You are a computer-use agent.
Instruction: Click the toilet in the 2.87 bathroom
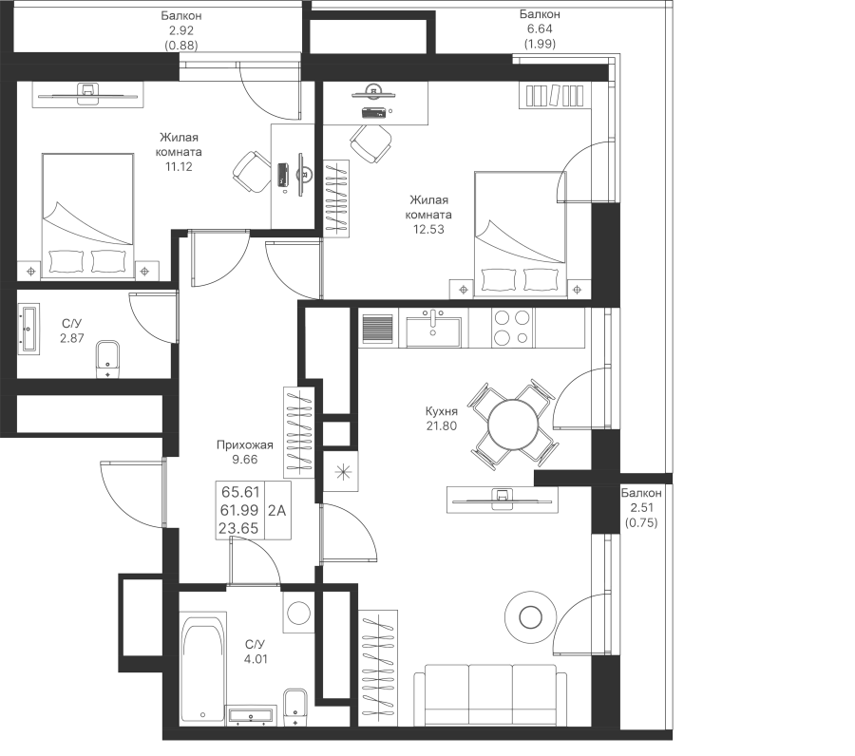[108, 360]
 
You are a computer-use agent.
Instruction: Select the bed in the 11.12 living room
[86, 216]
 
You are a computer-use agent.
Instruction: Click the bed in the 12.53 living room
[519, 233]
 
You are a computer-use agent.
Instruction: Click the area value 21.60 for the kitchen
[443, 426]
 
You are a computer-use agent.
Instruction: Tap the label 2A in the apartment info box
[277, 511]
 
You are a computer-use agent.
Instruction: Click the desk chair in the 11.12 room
[250, 172]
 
